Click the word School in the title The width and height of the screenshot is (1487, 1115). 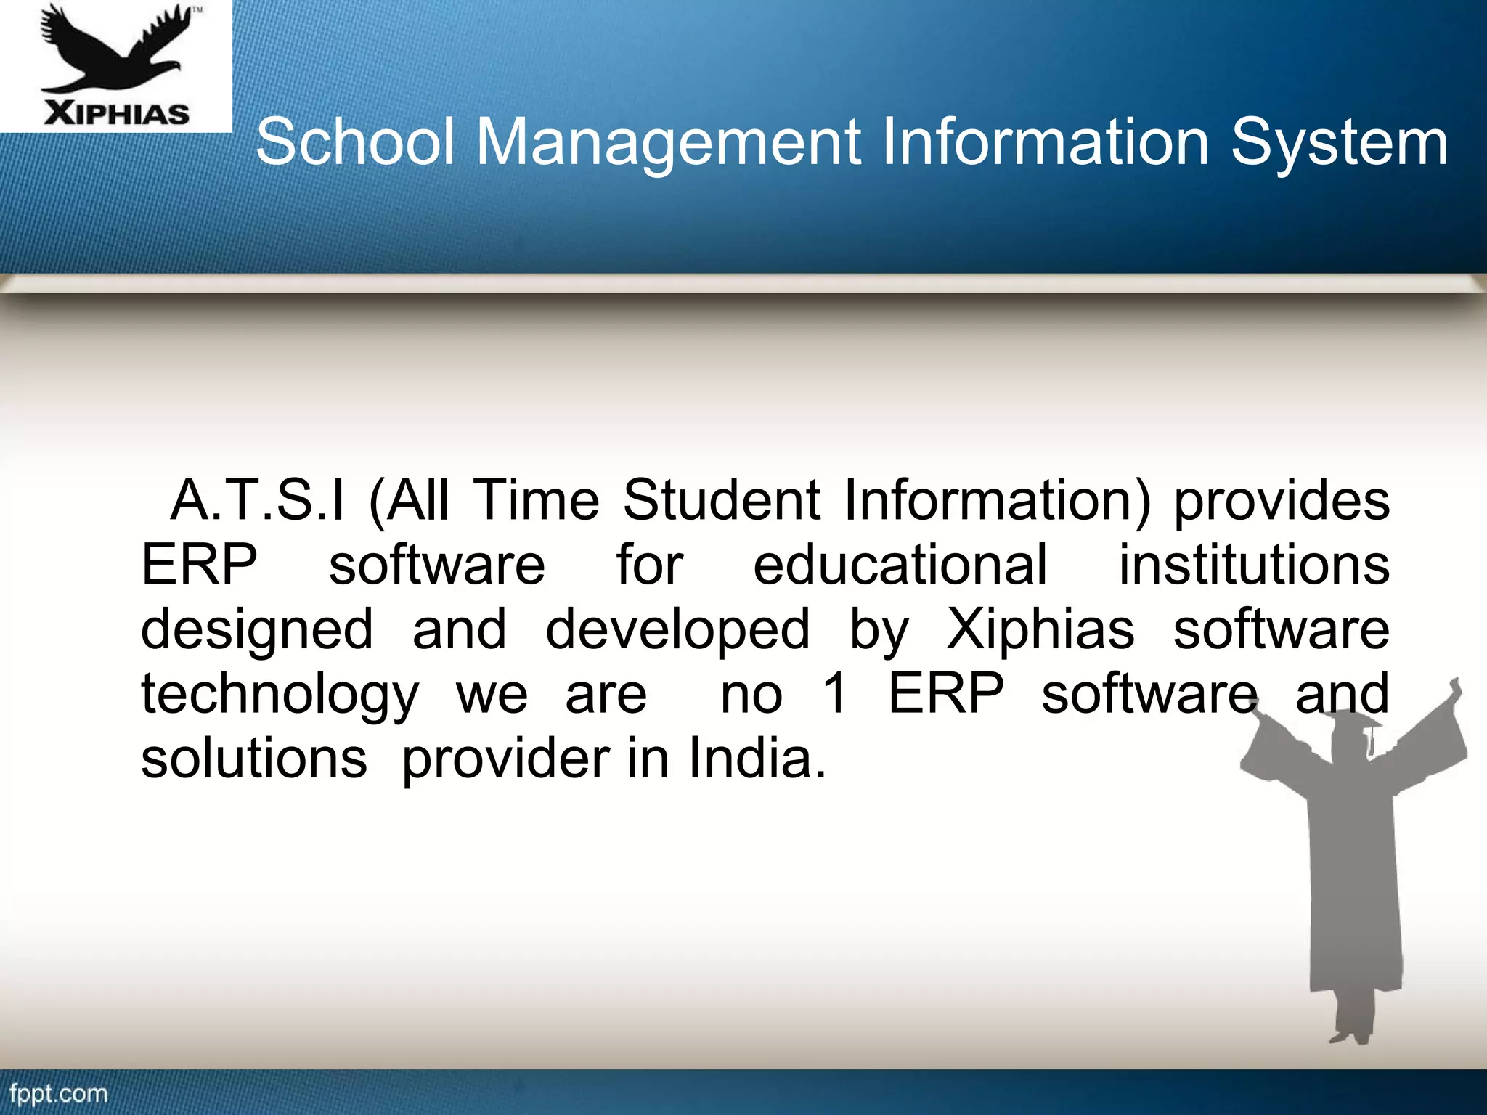[355, 142]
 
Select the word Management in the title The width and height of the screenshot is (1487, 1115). [668, 142]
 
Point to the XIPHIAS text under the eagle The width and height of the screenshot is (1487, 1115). [116, 114]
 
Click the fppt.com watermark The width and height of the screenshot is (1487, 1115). [58, 1093]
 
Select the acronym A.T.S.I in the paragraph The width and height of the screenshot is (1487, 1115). [257, 500]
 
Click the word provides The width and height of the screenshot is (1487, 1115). [1282, 502]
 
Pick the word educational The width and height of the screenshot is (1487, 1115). [900, 565]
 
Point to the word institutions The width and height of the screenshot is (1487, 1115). [1254, 565]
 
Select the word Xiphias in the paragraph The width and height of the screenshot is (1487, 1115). [1040, 629]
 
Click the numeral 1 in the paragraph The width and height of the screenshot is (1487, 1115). [835, 693]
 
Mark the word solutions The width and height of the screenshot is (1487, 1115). [254, 759]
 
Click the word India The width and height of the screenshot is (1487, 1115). [756, 759]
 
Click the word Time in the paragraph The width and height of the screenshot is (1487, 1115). [537, 500]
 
